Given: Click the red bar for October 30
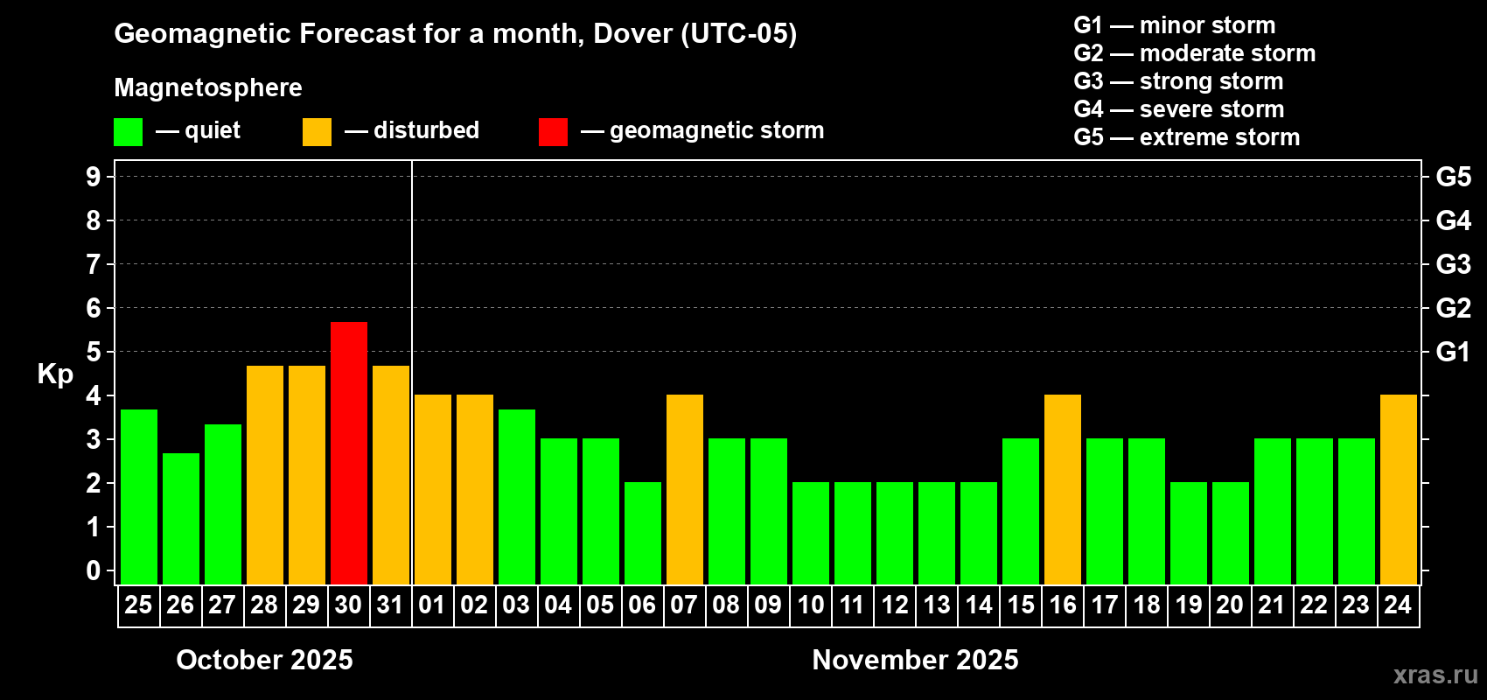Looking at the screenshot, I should click(348, 453).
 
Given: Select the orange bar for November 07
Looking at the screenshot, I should click(684, 490).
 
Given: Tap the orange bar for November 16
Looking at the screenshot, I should click(1062, 490).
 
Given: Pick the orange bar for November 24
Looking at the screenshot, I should click(1398, 490).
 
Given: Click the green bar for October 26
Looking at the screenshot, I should click(180, 519).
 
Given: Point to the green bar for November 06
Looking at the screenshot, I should click(642, 534).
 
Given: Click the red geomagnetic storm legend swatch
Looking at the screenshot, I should click(553, 132).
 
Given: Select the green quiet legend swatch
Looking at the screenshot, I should click(128, 132).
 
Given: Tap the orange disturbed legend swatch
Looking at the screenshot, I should click(317, 132).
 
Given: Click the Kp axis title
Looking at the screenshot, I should click(55, 374).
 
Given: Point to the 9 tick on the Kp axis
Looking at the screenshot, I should click(94, 177).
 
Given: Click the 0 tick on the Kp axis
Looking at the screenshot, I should click(94, 570).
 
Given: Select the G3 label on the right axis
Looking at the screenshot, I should click(1453, 264).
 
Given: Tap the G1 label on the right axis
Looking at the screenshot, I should click(1453, 352).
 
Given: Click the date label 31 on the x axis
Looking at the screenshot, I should click(390, 605).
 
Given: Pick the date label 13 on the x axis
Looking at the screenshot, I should click(936, 605).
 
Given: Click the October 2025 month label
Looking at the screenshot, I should click(264, 660).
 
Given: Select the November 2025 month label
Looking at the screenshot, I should click(915, 660).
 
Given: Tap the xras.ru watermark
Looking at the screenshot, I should click(1435, 675).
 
